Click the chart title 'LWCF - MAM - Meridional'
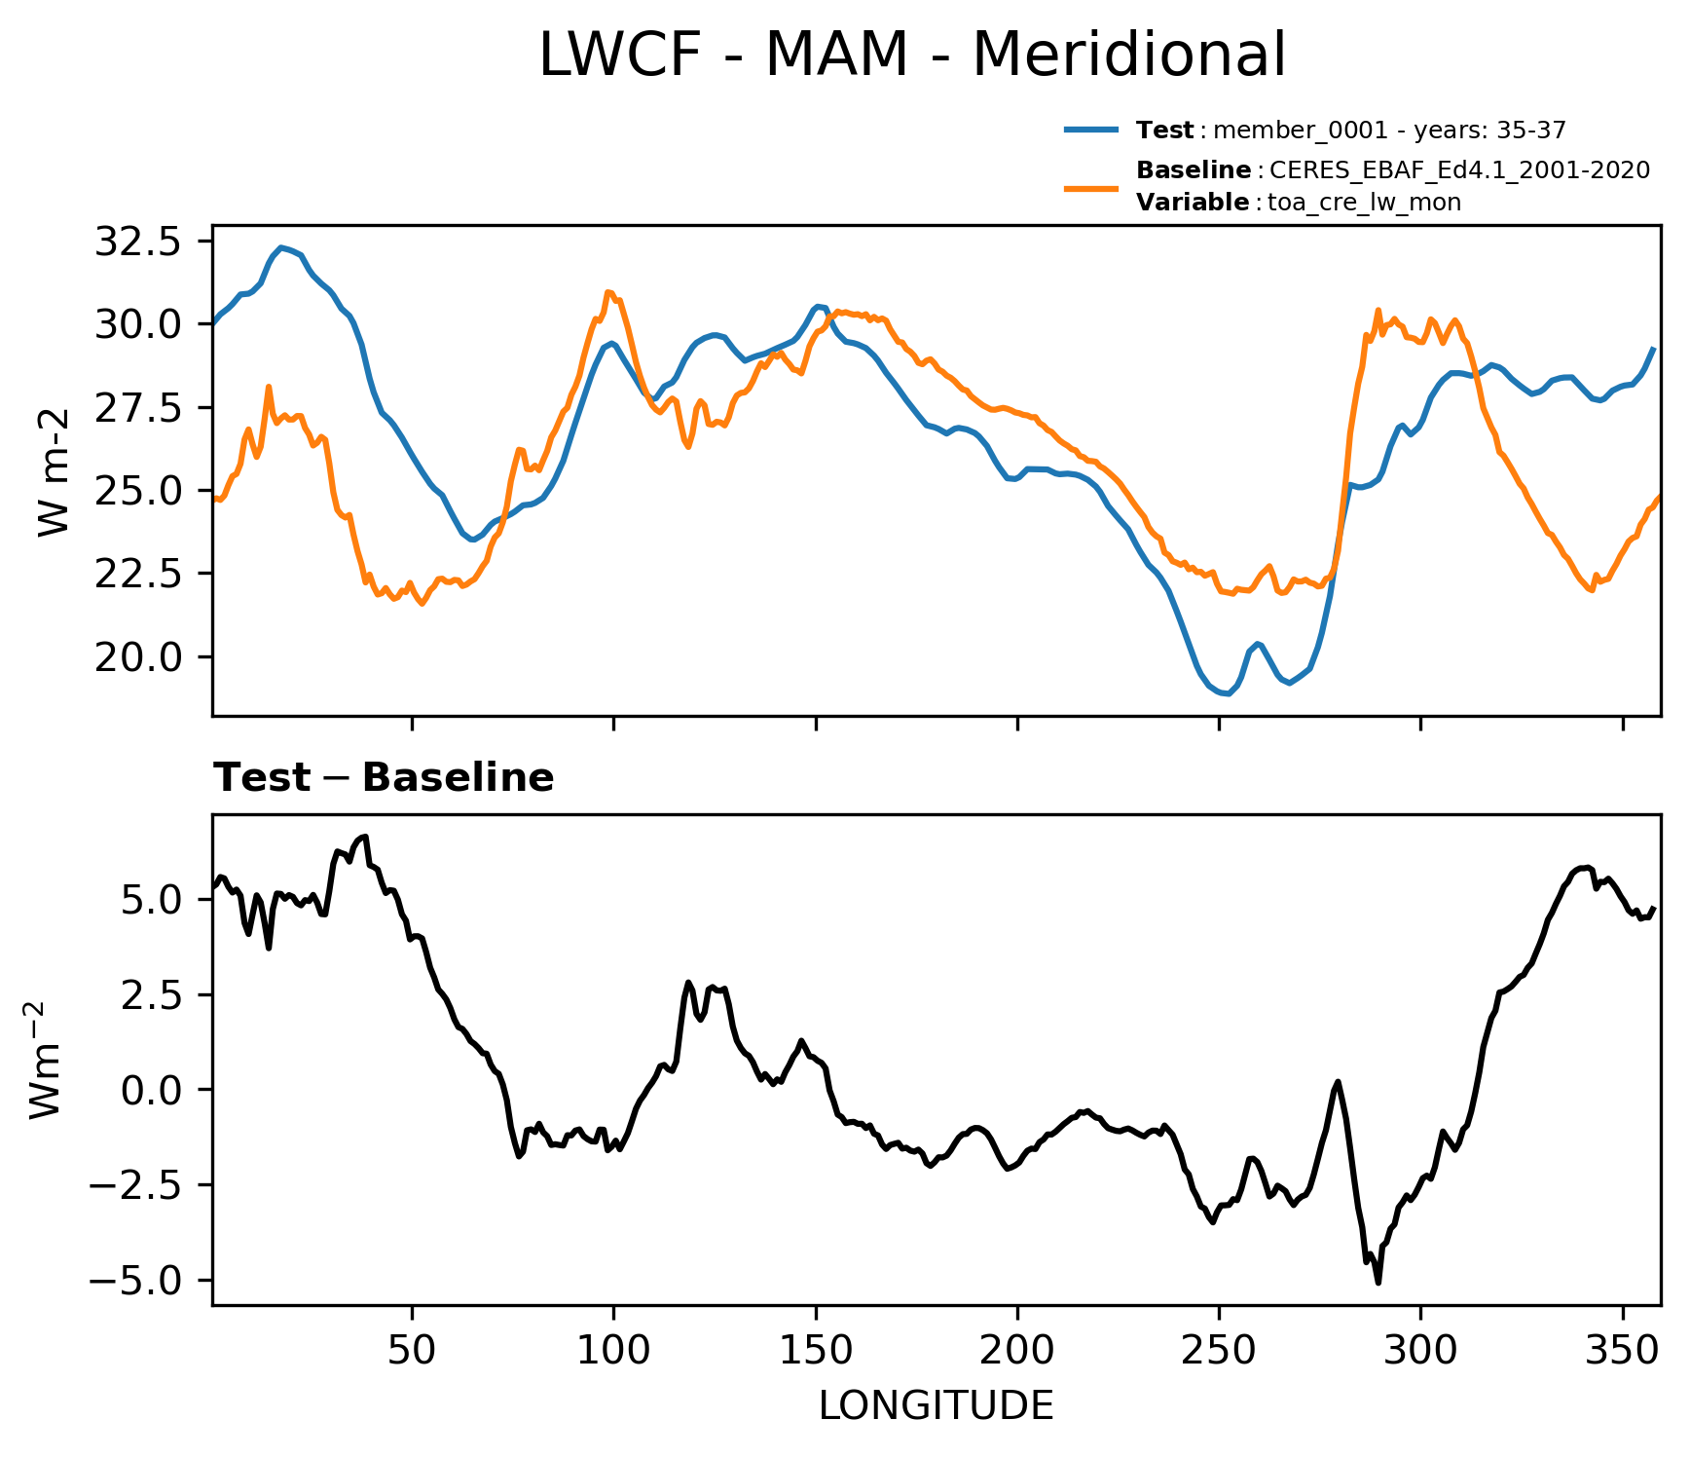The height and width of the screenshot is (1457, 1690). (912, 56)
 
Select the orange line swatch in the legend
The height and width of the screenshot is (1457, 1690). (1091, 187)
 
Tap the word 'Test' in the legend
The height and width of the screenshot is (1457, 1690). (1164, 131)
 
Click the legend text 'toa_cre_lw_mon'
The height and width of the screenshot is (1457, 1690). (1364, 203)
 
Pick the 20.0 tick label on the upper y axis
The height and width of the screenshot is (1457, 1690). (137, 656)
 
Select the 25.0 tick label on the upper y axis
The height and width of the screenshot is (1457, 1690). (137, 491)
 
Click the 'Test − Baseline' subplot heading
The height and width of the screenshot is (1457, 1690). (384, 778)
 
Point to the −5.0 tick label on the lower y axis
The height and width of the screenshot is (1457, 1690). (134, 1280)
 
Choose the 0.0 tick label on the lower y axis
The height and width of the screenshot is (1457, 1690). (151, 1089)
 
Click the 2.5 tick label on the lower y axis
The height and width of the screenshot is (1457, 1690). (151, 994)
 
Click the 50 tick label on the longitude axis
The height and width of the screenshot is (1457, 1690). (412, 1351)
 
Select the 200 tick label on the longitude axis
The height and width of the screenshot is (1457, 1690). (1017, 1351)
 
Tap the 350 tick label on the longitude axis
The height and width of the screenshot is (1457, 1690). (1622, 1351)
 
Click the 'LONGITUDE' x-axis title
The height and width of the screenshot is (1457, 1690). (936, 1406)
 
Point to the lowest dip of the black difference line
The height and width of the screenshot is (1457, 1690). (1378, 1282)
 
